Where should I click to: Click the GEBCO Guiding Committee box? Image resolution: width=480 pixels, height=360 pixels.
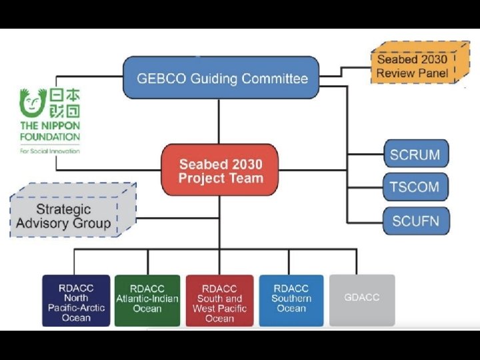[221, 78]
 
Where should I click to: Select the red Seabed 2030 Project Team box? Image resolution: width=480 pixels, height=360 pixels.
[220, 170]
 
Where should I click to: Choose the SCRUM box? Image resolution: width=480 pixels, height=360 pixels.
[415, 155]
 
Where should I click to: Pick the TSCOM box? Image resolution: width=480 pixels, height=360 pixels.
[415, 187]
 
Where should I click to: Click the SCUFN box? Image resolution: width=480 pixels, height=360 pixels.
[415, 220]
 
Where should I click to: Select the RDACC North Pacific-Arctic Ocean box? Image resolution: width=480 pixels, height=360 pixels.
[76, 301]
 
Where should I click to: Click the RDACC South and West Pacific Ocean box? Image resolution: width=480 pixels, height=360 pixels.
[219, 301]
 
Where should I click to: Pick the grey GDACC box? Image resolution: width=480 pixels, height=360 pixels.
[362, 298]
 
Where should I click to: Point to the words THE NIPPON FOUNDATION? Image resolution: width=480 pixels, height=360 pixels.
[50, 131]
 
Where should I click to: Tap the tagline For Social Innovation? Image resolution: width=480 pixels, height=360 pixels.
[50, 151]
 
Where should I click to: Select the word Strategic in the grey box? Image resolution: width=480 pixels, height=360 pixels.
[64, 209]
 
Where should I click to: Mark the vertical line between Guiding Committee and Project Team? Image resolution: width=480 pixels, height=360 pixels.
[219, 121]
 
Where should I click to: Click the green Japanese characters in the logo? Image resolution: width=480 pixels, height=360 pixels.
[63, 103]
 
